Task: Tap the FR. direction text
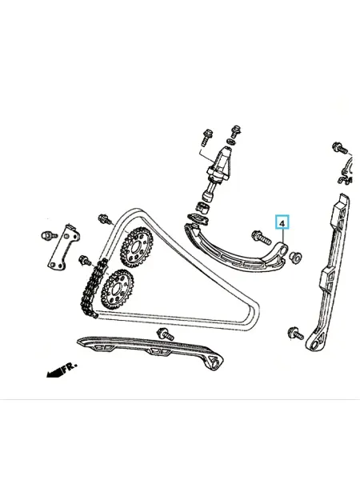click(x=70, y=367)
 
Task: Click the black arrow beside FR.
click(x=54, y=373)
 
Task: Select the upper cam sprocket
click(x=137, y=246)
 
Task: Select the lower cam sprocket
click(x=117, y=290)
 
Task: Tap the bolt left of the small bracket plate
click(x=49, y=235)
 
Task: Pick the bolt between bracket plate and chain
click(x=85, y=261)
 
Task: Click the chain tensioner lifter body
click(x=220, y=167)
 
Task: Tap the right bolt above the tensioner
click(x=236, y=132)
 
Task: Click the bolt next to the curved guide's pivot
click(x=261, y=238)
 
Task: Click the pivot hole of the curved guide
click(x=282, y=251)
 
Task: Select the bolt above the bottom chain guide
click(x=166, y=334)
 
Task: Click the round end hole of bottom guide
click(x=215, y=363)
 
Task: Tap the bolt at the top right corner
click(x=340, y=148)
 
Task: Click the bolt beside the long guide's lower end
click(x=295, y=333)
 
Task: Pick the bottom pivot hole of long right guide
click(x=314, y=346)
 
